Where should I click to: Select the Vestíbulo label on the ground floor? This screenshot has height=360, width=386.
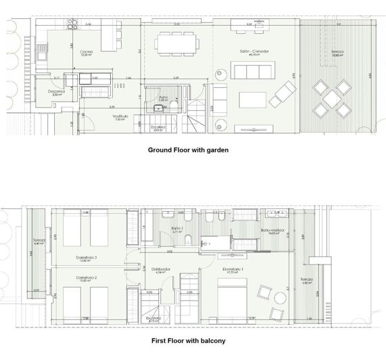[121, 116]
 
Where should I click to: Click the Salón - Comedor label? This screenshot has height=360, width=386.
[251, 51]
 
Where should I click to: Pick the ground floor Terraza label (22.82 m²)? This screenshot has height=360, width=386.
[337, 52]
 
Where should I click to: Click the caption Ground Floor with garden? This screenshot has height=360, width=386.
[189, 150]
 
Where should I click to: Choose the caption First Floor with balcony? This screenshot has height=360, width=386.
[189, 340]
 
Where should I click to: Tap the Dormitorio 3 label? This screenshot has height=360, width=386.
[87, 257]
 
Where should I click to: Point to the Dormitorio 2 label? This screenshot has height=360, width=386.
[87, 278]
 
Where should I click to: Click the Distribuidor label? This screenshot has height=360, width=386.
[160, 269]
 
